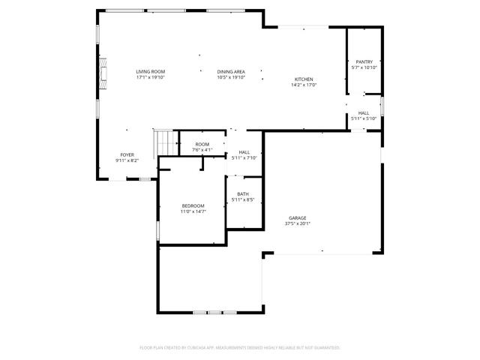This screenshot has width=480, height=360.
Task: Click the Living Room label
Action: pyautogui.click(x=150, y=71)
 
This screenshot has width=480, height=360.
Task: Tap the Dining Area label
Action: pyautogui.click(x=231, y=71)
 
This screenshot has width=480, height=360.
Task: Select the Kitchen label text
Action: pyautogui.click(x=304, y=79)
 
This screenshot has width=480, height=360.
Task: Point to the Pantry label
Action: pyautogui.click(x=364, y=62)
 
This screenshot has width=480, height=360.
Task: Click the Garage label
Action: pyautogui.click(x=298, y=218)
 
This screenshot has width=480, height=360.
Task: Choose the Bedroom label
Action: pyautogui.click(x=193, y=206)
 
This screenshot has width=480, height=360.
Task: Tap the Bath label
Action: pyautogui.click(x=243, y=194)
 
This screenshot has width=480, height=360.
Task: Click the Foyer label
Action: pyautogui.click(x=127, y=154)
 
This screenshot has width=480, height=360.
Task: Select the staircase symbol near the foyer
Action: pyautogui.click(x=164, y=140)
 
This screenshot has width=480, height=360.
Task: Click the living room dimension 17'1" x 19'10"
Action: pyautogui.click(x=150, y=77)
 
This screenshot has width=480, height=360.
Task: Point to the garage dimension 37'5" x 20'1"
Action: pyautogui.click(x=298, y=223)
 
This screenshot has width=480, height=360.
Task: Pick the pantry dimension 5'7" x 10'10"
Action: pyautogui.click(x=364, y=68)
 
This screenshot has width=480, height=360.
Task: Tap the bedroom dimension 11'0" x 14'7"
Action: pyautogui.click(x=193, y=212)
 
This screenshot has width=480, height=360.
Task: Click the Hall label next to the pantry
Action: pyautogui.click(x=364, y=113)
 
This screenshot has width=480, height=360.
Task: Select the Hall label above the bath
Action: pyautogui.click(x=244, y=152)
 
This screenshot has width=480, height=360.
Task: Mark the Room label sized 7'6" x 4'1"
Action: pyautogui.click(x=202, y=144)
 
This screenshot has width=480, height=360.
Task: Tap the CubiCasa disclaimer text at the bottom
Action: pyautogui.click(x=240, y=348)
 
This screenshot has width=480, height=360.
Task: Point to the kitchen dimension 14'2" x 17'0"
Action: pyautogui.click(x=304, y=85)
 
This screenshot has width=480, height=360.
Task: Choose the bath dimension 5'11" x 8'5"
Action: pyautogui.click(x=243, y=200)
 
